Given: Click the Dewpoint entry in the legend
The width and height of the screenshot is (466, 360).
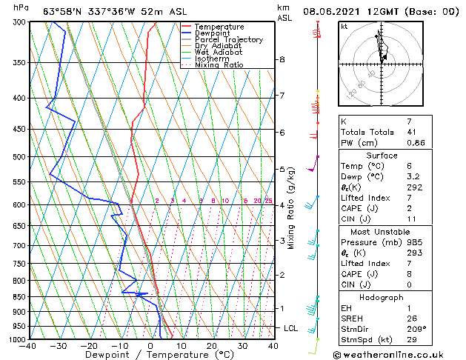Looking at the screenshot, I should pos(212,33).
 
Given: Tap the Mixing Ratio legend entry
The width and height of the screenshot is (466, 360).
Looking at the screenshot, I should pos(219,65).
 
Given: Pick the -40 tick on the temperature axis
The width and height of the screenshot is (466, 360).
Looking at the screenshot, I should pos(28,346).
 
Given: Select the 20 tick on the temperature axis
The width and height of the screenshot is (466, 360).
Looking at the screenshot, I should pos(212,346).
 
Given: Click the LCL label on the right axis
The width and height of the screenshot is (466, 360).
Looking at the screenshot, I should pos(291,327).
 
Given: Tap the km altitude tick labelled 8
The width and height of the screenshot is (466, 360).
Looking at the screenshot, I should pos(282,59).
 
